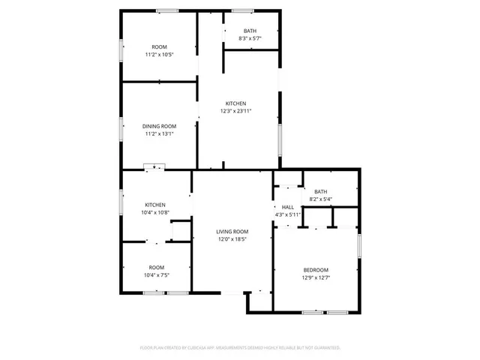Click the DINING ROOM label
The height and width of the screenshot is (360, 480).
[160, 126]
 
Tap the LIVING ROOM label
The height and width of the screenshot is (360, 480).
[232, 232]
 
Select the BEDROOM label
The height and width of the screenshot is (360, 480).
[315, 270]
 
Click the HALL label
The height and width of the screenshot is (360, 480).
[288, 207]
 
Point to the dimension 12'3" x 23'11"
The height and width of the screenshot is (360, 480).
[235, 111]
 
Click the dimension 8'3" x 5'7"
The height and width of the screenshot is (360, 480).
[250, 38]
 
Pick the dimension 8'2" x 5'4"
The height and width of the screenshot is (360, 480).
[321, 199]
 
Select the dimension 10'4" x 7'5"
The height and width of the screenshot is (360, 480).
[156, 275]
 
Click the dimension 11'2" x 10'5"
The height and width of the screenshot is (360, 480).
[160, 55]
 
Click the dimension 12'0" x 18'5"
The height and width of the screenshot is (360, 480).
[232, 239]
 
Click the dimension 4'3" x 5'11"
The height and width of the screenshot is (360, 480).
[288, 214]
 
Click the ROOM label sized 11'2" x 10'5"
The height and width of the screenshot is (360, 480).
[160, 47]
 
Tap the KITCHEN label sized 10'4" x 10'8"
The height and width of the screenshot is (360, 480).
[155, 205]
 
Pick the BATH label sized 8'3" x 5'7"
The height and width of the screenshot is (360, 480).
[250, 31]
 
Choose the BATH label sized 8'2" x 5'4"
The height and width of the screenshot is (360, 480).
[321, 192]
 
